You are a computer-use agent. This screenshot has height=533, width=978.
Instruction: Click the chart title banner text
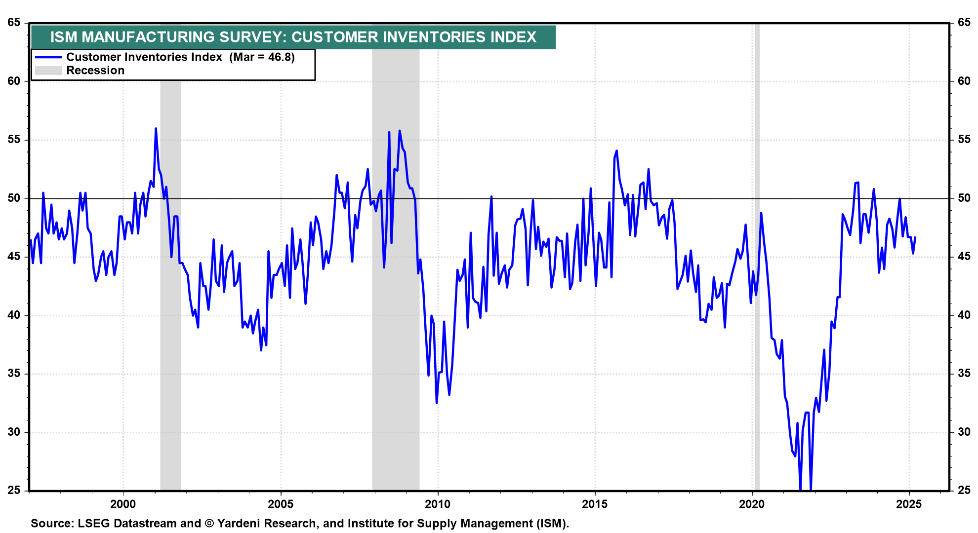[x=293, y=37]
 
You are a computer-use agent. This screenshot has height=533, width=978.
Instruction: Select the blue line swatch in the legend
[x=48, y=57]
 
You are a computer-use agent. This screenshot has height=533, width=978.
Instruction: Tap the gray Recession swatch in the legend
[x=48, y=71]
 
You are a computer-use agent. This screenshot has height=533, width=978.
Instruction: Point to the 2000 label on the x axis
[x=123, y=504]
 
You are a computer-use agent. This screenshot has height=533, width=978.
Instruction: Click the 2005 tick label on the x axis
[x=281, y=504]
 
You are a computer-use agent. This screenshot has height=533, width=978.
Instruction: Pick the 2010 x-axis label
[x=438, y=504]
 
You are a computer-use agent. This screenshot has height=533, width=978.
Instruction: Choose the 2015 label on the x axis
[x=595, y=504]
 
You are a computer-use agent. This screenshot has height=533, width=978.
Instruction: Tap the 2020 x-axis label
[x=752, y=504]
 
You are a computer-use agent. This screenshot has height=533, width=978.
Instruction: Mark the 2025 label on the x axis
[x=909, y=504]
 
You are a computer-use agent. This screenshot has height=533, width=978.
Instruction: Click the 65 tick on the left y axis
[x=14, y=23]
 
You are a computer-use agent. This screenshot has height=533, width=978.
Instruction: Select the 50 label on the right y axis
[x=964, y=198]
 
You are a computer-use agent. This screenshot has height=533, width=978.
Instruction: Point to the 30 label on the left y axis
[x=14, y=432]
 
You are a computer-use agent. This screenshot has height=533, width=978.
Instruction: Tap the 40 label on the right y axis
[x=964, y=315]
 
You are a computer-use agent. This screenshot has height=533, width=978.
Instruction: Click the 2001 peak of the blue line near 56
[x=156, y=129]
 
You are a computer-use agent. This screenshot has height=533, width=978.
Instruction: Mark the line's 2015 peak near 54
[x=616, y=151]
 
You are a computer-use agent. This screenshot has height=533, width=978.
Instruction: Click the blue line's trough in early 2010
[x=437, y=403]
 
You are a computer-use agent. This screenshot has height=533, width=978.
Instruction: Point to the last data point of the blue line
[x=915, y=237]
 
